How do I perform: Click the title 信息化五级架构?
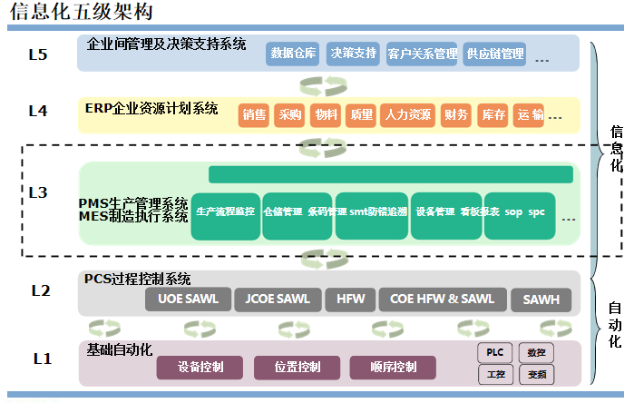81,12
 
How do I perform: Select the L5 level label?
38,54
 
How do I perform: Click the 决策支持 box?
354,54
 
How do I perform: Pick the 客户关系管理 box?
422,54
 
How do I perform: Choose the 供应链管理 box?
494,54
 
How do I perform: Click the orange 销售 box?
254,115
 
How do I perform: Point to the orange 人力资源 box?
408,115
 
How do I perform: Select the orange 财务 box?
456,115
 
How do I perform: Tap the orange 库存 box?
493,115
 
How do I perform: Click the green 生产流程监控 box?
226,212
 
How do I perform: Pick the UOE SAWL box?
188,300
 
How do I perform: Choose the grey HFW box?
350,300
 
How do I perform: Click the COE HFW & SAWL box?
442,300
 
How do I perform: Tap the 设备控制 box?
200,368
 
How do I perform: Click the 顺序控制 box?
393,368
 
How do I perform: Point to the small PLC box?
495,352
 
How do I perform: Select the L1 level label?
42,359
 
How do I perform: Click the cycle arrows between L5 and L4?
324,85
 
